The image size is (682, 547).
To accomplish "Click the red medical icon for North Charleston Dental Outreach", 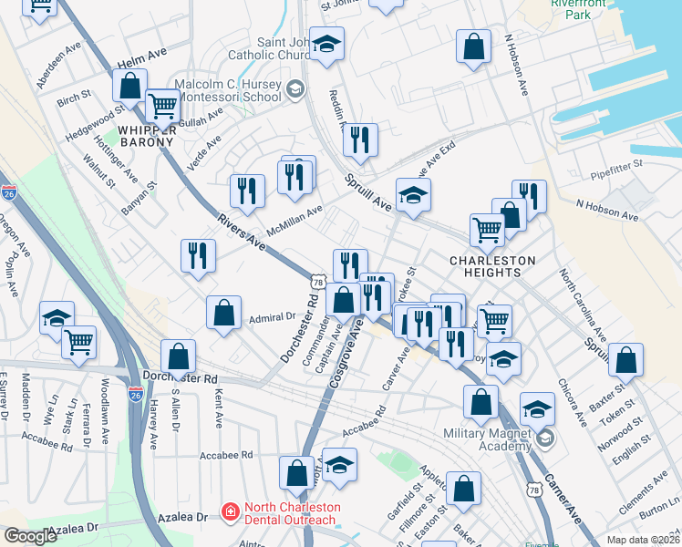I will point(230,513).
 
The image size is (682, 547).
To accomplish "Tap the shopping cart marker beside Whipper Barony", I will point(162,106).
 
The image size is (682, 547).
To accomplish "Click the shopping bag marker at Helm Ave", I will point(130,86).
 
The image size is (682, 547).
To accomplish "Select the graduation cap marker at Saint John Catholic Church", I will point(326,44).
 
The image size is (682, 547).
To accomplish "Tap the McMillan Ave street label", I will point(294,219).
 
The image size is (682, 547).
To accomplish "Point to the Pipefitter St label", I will point(616,164).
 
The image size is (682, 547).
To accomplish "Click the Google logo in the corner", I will point(30,536).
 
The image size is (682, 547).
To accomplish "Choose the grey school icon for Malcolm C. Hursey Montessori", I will point(294,88).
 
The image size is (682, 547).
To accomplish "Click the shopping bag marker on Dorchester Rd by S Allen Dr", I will point(179,356).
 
